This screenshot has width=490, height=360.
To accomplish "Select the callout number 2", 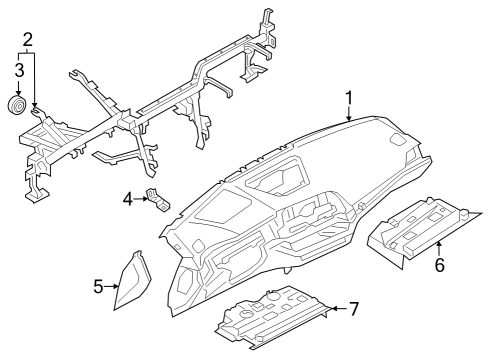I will click(x=28, y=40).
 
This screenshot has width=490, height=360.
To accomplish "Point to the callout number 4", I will click(x=128, y=200).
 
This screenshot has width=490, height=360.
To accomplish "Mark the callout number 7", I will click(x=353, y=308).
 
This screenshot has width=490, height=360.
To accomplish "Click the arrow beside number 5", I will click(x=111, y=287).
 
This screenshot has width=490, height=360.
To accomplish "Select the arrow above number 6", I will click(x=437, y=247).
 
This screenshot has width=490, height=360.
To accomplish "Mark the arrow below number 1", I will click(x=349, y=113).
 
